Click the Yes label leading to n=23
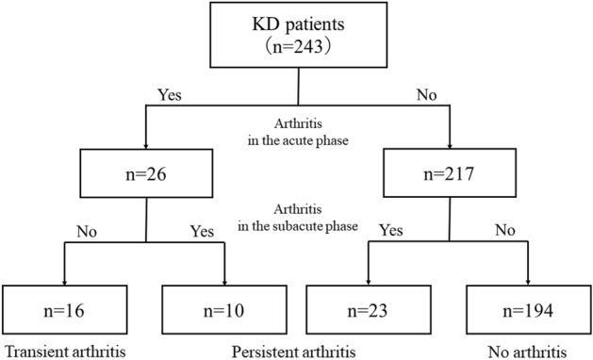[x=392, y=228]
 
